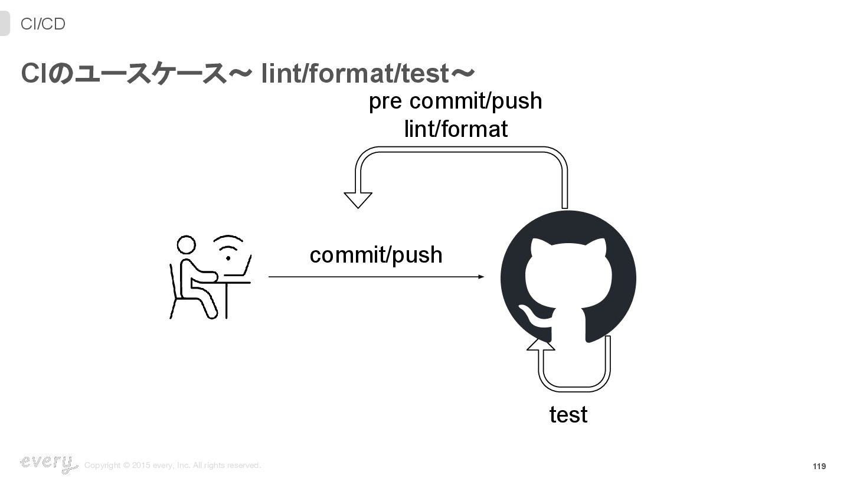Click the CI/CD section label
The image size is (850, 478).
42,24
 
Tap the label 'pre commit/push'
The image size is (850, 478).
455,101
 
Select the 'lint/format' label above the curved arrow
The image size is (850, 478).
456,129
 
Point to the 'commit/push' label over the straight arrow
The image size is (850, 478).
376,255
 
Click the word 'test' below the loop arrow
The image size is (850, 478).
568,414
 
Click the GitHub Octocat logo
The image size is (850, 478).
568,278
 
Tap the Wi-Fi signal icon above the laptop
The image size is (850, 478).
228,248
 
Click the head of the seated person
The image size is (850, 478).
186,245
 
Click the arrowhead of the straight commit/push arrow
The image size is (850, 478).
481,277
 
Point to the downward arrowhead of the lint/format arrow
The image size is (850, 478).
358,200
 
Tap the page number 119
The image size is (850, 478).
819,466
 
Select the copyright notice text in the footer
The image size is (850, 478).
172,466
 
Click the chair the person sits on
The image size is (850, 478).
177,295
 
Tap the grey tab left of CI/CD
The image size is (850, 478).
5,24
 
